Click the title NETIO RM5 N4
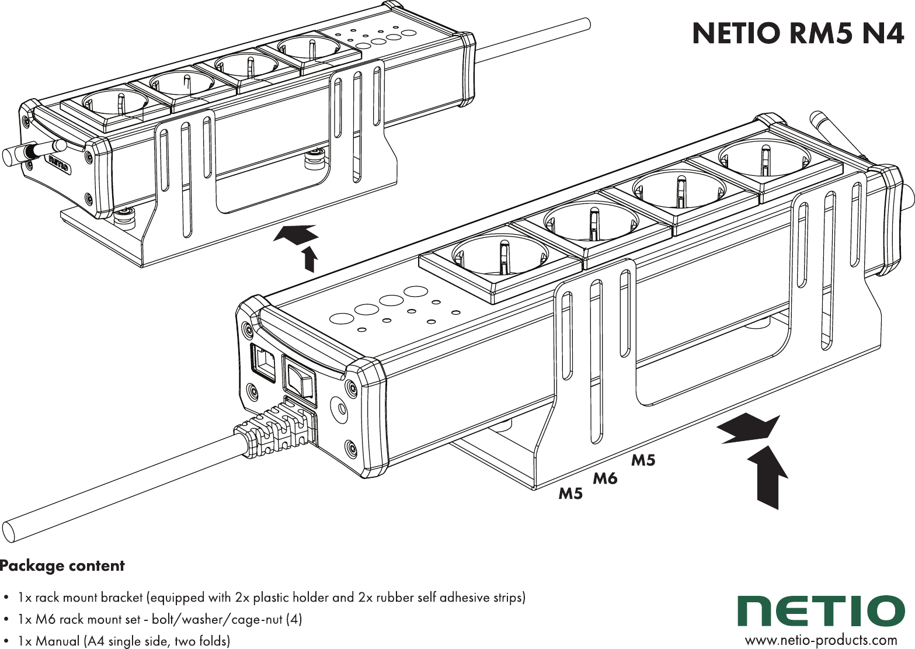tap(798, 33)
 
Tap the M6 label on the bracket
tap(605, 479)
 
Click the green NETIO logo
tap(821, 611)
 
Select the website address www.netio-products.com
tap(820, 640)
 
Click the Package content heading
tap(62, 565)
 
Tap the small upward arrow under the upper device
tap(309, 259)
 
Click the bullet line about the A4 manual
tap(124, 641)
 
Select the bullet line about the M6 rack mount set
tap(159, 619)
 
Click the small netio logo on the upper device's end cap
tap(58, 163)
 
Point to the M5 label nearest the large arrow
tap(643, 460)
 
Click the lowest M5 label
tap(570, 494)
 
